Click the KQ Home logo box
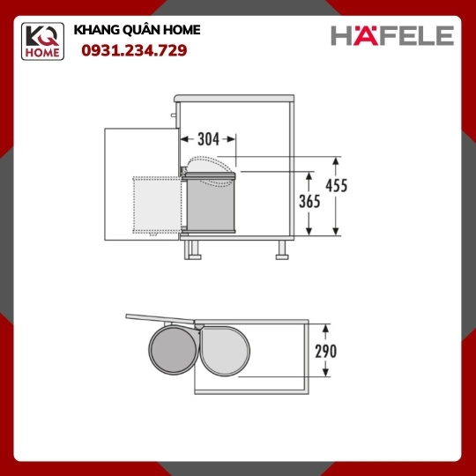[x=42, y=41]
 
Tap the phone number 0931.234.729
[x=134, y=50]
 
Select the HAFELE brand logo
[x=392, y=35]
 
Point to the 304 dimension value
[x=208, y=139]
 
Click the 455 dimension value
[x=337, y=185]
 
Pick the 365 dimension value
[x=309, y=202]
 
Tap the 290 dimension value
[x=326, y=351]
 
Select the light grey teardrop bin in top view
[x=225, y=351]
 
